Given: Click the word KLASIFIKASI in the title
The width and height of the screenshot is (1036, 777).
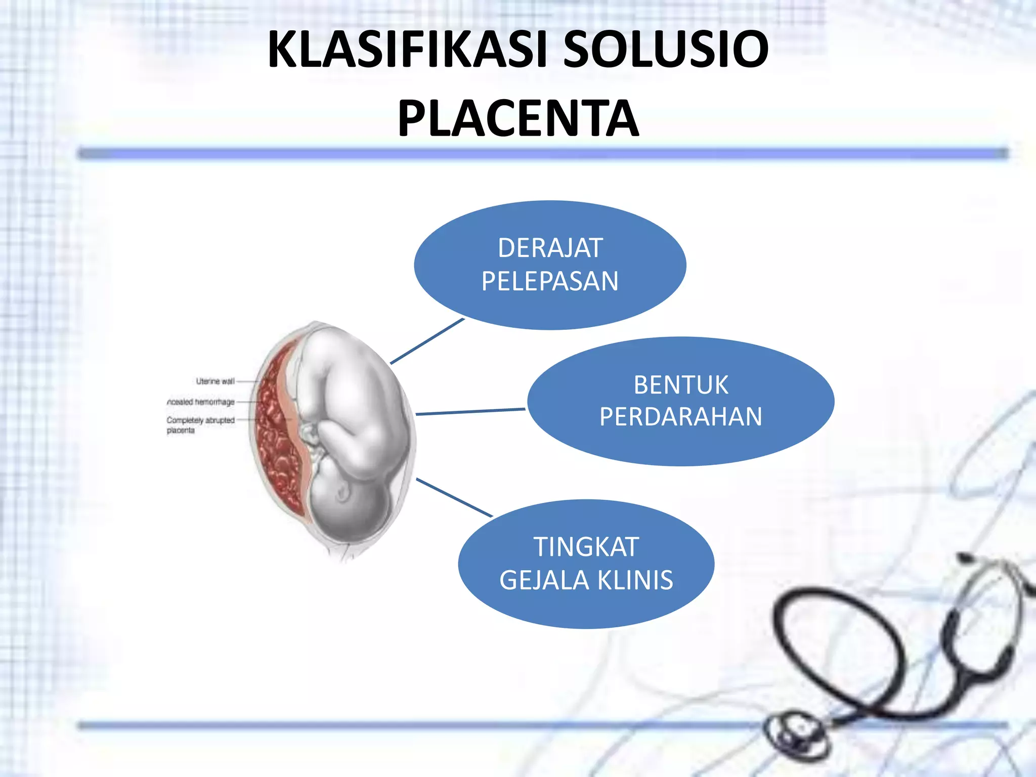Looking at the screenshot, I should click(408, 50).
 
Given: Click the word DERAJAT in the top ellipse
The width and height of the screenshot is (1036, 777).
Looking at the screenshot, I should click(550, 248).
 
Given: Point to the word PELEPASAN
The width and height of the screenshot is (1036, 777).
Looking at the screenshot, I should click(550, 281).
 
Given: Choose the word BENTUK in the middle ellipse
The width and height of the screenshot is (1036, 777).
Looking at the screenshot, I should click(681, 385).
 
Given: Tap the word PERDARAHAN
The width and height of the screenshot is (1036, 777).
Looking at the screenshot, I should click(681, 417).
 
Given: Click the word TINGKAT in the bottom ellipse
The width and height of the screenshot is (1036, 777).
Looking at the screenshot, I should click(586, 547).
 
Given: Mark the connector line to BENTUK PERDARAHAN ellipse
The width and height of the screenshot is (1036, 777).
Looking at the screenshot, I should click(470, 412).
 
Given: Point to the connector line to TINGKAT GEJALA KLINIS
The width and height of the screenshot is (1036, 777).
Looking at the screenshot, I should click(454, 497).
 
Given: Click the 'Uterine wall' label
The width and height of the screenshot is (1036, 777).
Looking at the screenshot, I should click(215, 381).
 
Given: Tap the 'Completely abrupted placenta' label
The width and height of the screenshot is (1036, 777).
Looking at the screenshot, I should click(200, 425).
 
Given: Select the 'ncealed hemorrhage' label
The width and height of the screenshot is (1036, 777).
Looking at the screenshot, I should click(201, 402).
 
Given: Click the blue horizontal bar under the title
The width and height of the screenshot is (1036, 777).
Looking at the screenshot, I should click(541, 153).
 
